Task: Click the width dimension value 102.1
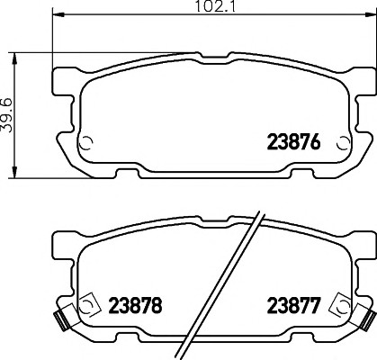coord(215,6)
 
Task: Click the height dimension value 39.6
coord(6,115)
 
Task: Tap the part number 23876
coord(293,142)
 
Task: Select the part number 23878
coord(135,305)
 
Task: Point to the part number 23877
coord(293,305)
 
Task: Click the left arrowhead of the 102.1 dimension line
coord(58,14)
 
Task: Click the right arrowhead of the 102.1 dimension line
coord(369,14)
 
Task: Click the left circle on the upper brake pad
coord(86,143)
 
